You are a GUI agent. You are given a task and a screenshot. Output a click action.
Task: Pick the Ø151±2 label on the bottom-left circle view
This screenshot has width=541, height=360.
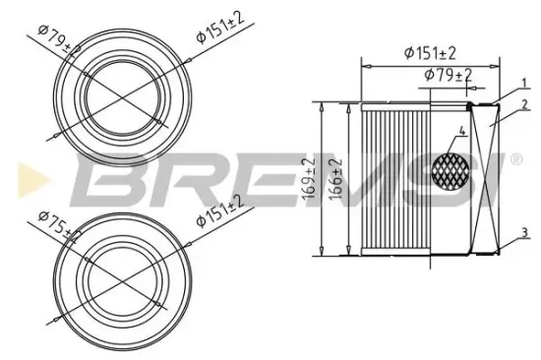(x=219, y=210)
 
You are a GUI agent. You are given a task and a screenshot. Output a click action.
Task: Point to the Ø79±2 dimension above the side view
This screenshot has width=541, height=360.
(x=447, y=74)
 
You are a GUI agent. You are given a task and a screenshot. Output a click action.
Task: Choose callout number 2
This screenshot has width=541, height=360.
(x=526, y=102)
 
